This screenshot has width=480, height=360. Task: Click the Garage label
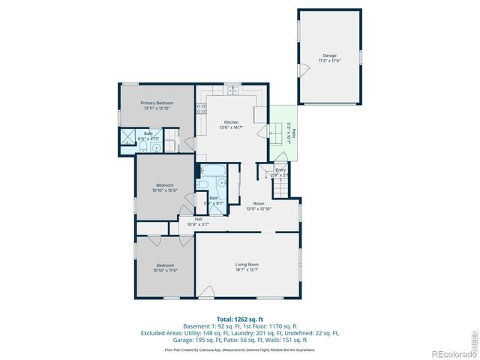pos(329,55)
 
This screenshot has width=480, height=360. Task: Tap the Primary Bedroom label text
pos(158,103)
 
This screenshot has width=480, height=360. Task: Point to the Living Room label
pos(247,264)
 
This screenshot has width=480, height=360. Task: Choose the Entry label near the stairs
pos(280,170)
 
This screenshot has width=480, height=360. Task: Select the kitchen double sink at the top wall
pos(233,91)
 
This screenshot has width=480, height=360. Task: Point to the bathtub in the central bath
pos(209,169)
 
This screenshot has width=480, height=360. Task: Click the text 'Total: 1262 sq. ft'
pos(239,319)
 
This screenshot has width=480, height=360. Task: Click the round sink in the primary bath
pos(157,148)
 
